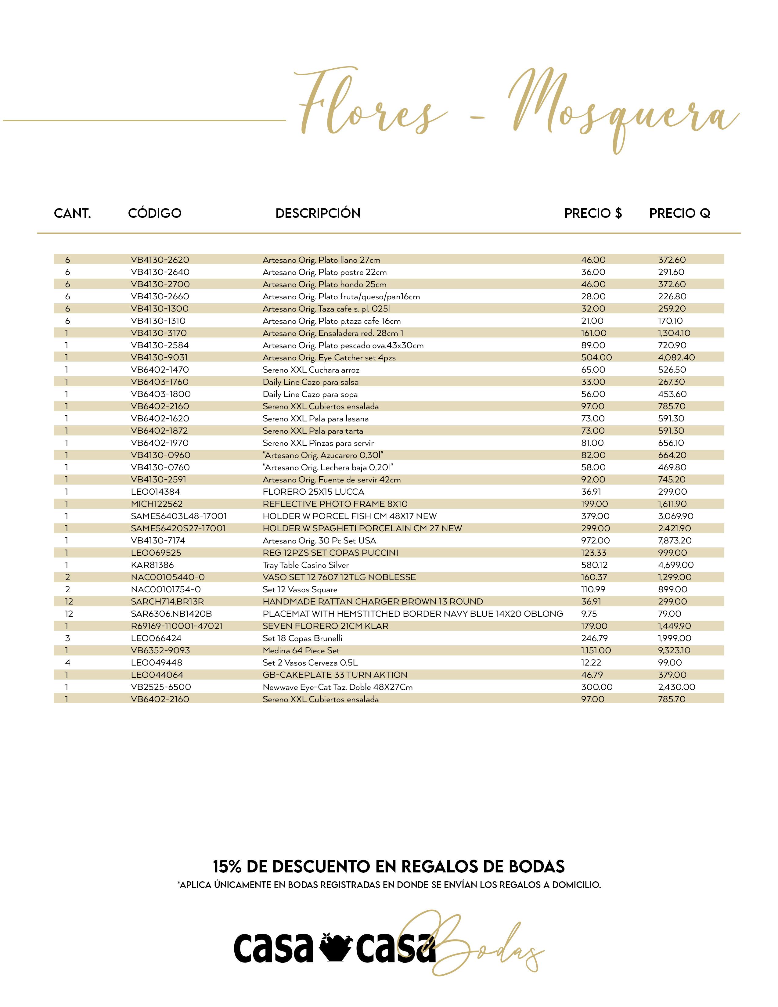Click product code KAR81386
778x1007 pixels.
tap(152, 565)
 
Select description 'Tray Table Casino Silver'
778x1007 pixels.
tap(306, 565)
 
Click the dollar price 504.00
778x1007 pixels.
tap(596, 357)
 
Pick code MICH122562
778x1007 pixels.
tap(157, 504)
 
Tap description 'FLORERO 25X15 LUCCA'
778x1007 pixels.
tap(313, 492)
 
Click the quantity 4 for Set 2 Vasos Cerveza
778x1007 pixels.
tap(68, 662)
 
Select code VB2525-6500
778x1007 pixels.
tap(161, 687)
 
